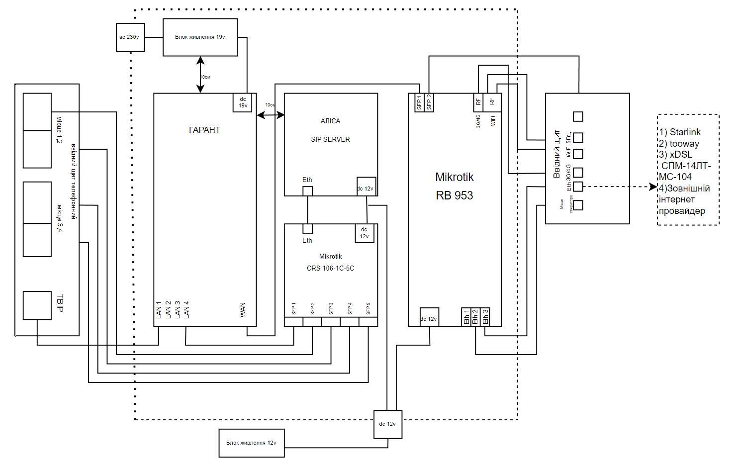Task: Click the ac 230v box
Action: (130, 37)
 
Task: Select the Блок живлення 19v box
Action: (200, 37)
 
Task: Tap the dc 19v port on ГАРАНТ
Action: (243, 103)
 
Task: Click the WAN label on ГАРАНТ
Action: (243, 310)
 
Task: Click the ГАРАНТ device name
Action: (204, 130)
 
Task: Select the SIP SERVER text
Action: (330, 139)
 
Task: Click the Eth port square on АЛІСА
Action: (308, 191)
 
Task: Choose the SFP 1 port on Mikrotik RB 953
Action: (419, 102)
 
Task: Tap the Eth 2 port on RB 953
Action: (475, 317)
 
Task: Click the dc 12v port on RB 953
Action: (429, 317)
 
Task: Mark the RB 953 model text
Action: (455, 195)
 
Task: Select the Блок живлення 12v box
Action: (252, 443)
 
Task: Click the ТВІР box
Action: (37, 305)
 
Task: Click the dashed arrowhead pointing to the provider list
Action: (653, 187)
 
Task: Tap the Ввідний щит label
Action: (557, 154)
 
